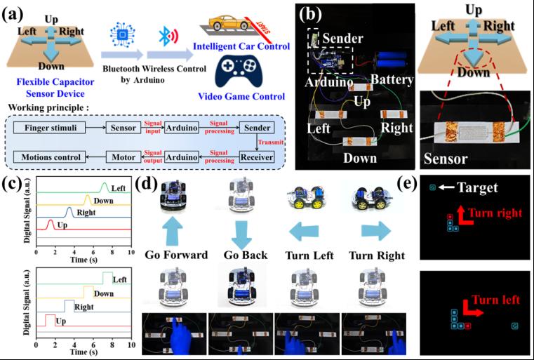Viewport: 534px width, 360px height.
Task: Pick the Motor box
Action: click(121, 154)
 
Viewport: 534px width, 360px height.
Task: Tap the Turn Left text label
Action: click(310, 254)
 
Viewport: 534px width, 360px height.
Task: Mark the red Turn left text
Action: click(495, 300)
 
